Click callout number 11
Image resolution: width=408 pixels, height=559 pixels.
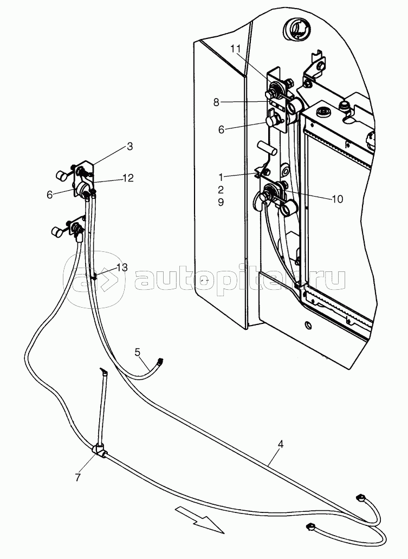235,49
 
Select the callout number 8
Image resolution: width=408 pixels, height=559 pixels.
216,102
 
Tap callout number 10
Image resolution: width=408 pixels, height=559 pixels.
337,199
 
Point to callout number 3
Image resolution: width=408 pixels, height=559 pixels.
130,146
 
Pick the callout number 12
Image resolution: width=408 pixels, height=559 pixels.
128,178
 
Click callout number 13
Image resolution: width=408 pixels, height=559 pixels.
122,268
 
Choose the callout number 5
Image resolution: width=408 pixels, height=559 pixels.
138,353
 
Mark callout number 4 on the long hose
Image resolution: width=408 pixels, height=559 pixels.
281,445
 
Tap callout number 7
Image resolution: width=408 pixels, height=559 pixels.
77,477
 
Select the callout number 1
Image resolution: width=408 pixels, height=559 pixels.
221,177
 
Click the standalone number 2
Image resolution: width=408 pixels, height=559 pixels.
221,189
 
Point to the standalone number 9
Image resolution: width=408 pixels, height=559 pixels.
221,202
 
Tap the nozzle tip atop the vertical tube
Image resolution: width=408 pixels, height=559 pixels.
103,372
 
